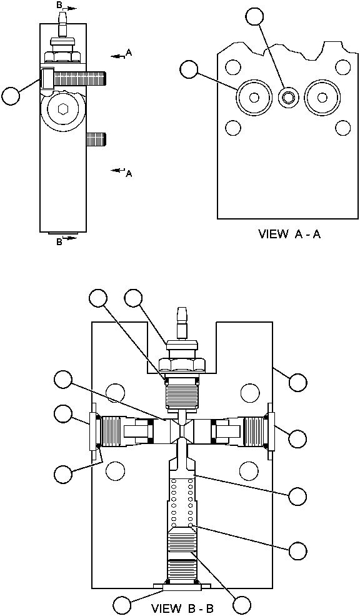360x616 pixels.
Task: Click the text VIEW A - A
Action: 289,235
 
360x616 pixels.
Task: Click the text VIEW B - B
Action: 183,608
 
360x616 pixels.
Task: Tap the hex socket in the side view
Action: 62,109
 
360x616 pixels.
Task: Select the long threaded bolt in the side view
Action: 78,79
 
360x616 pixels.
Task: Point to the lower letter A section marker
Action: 129,173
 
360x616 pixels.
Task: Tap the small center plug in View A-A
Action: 289,97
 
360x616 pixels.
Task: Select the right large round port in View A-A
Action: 322,97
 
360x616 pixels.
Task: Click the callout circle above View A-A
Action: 254,16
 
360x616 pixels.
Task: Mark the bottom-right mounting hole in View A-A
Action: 342,128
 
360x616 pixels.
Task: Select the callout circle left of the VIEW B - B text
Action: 122,605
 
